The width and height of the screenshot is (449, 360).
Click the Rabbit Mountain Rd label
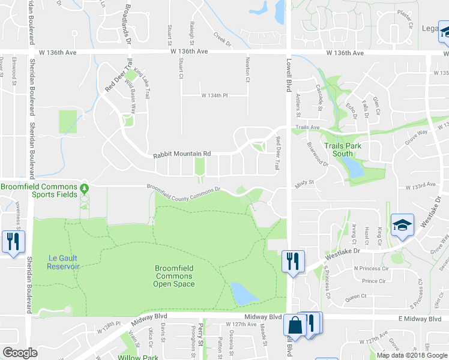(181, 154)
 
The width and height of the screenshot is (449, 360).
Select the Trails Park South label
(339, 149)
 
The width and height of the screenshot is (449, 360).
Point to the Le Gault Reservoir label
(63, 262)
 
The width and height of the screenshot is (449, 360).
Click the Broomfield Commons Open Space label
(174, 276)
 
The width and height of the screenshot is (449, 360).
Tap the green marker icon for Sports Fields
(85, 188)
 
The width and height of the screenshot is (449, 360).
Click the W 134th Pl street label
(215, 95)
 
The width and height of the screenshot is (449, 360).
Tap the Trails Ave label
(307, 127)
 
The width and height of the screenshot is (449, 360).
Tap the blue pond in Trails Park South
(355, 169)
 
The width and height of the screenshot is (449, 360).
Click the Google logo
(20, 353)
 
